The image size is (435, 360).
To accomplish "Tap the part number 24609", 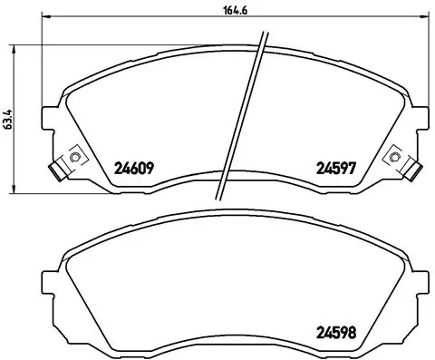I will point(134,167).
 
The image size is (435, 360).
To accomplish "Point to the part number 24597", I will point(333,167).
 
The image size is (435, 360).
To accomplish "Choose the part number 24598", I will point(333,331).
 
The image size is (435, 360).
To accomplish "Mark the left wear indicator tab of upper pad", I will point(57,169).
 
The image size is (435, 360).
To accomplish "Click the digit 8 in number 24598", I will point(350,331).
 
